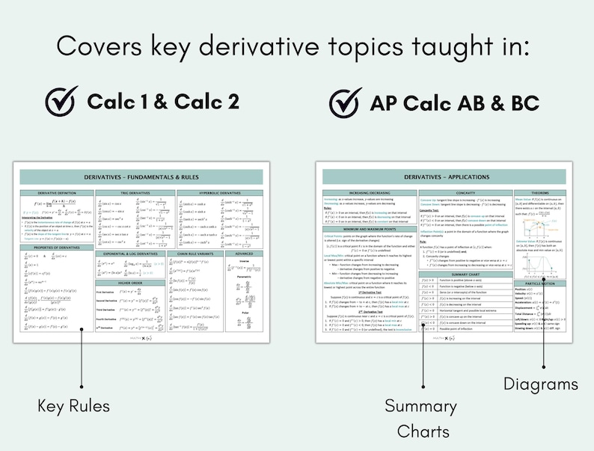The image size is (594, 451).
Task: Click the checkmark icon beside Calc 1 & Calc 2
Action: click(61, 101)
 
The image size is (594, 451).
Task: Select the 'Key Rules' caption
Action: click(74, 406)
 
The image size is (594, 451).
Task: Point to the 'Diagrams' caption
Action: click(541, 384)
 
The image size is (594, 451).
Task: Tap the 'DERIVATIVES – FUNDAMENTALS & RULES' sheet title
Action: click(141, 177)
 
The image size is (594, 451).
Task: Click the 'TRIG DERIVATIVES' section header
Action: click(135, 193)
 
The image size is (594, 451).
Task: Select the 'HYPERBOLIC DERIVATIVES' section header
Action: click(220, 193)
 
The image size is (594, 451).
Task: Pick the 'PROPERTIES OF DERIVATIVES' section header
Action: click(57, 247)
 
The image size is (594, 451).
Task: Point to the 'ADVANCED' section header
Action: click(244, 254)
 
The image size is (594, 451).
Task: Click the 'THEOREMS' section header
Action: click(540, 192)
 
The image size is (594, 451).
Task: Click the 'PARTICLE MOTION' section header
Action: click(540, 283)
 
